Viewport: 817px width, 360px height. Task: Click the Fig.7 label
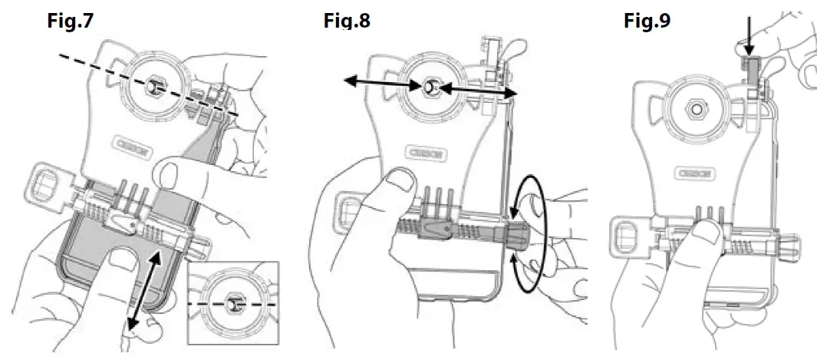[x=70, y=21]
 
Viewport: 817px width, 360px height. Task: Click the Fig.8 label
[x=346, y=21]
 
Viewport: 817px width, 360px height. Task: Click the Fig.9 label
[x=646, y=21]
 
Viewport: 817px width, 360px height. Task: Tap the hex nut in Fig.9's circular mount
[x=696, y=111]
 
